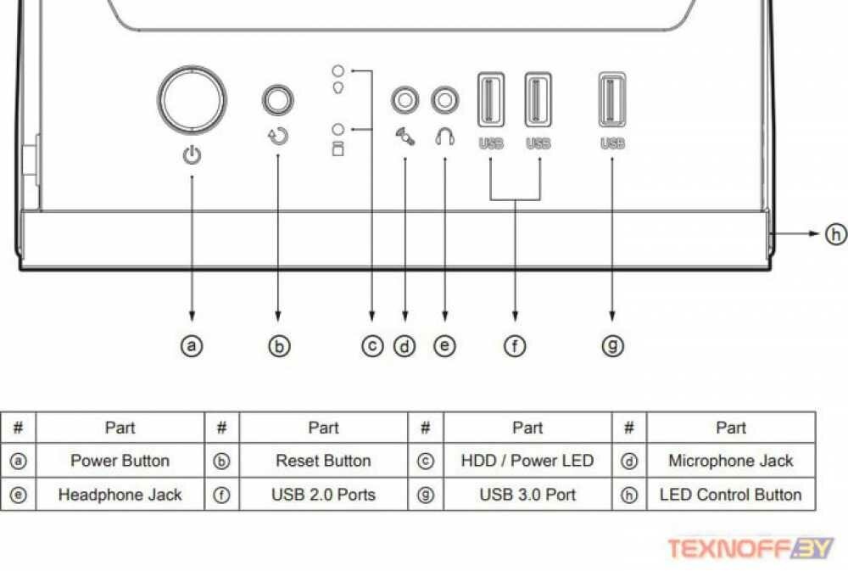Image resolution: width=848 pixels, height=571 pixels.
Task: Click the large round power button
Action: (192, 100)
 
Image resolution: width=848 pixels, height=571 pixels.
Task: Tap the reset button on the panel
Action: (277, 100)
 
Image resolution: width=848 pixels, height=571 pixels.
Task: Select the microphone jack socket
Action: (404, 100)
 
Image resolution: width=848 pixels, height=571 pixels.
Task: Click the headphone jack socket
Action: (445, 100)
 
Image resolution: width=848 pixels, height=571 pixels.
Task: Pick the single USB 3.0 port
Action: (612, 100)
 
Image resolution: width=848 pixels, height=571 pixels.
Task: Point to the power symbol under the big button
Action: (192, 155)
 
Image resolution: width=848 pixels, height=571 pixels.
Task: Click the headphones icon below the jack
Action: (445, 136)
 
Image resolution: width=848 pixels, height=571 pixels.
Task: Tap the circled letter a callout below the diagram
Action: (192, 345)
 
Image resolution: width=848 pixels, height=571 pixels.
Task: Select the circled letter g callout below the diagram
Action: (612, 345)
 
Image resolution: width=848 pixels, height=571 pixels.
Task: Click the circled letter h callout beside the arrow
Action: (835, 233)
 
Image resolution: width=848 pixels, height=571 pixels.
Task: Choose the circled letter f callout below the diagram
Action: (515, 345)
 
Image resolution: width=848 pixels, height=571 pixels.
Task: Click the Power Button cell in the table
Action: (120, 462)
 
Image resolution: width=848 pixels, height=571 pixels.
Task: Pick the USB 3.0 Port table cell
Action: (527, 495)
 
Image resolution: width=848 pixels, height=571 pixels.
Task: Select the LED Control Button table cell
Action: (730, 495)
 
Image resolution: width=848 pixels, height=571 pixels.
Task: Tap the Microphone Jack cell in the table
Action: (730, 462)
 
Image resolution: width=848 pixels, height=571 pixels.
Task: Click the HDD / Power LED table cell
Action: (527, 462)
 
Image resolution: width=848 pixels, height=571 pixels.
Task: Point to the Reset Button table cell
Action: (323, 462)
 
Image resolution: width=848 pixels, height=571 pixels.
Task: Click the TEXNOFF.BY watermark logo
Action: (750, 548)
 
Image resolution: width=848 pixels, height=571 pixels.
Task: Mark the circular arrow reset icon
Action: (278, 136)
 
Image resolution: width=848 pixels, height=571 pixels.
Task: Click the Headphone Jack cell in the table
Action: (120, 495)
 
